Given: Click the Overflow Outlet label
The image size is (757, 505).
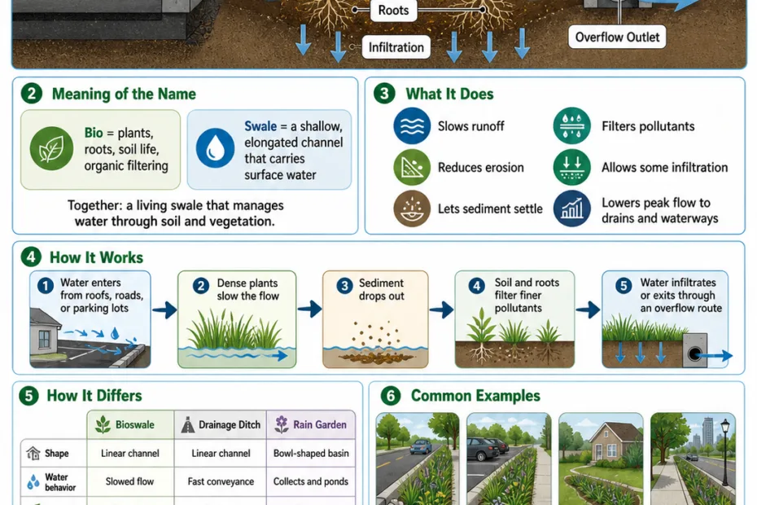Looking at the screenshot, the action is point(617,37).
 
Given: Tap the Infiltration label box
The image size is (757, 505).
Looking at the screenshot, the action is point(396,47).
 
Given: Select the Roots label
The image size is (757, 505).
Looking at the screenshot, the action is point(393,10).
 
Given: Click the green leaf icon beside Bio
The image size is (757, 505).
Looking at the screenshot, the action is point(51,148).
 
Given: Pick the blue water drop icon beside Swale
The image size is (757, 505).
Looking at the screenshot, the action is point(216,148).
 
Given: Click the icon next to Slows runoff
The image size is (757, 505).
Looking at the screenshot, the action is point(412,125).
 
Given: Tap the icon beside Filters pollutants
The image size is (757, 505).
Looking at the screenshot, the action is point(571,125).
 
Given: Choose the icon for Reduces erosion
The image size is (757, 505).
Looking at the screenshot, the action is point(412,167).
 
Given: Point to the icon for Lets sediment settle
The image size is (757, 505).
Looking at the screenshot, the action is point(412,209).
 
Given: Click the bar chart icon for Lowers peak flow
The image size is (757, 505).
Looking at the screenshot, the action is point(571,209).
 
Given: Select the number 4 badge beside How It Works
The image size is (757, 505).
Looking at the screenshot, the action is point(31,257).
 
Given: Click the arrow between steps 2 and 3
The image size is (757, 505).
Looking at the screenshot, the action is point(309,309).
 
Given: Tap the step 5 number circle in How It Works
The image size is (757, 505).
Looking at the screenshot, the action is point(624,286).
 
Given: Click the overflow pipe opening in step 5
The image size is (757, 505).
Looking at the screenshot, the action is point(694,354).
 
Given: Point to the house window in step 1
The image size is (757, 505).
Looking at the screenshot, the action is point(44,340).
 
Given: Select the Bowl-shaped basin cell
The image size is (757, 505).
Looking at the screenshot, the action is point(311,454).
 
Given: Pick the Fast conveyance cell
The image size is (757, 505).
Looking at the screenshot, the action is point(221,481).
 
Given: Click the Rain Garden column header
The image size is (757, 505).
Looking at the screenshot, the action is point(311,425).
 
